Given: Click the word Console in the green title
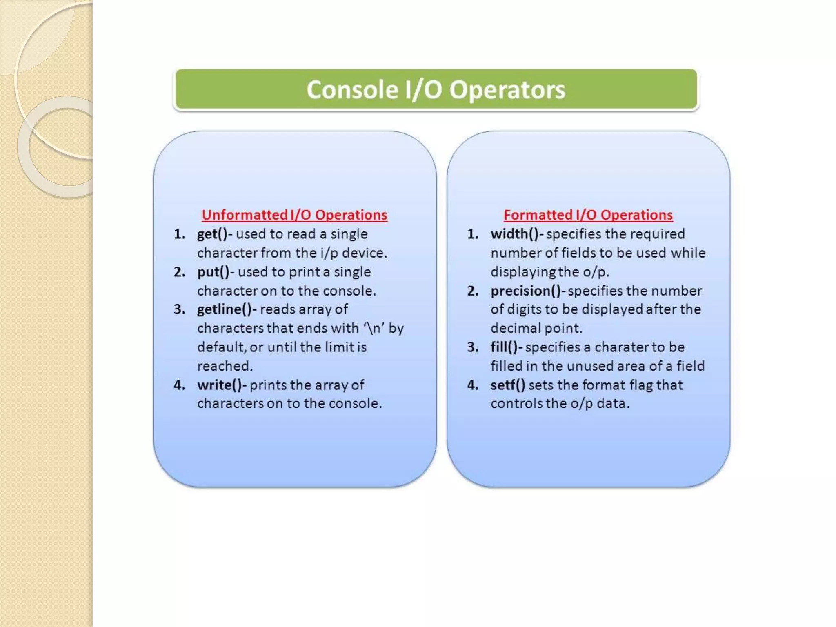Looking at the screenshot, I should click(352, 90).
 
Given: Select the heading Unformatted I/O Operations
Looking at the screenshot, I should click(294, 215).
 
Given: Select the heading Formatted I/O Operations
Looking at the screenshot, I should click(588, 215).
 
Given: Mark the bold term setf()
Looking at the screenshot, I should click(507, 385).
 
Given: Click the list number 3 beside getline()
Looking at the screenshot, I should click(179, 309).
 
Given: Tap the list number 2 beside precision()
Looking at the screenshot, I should click(473, 291).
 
